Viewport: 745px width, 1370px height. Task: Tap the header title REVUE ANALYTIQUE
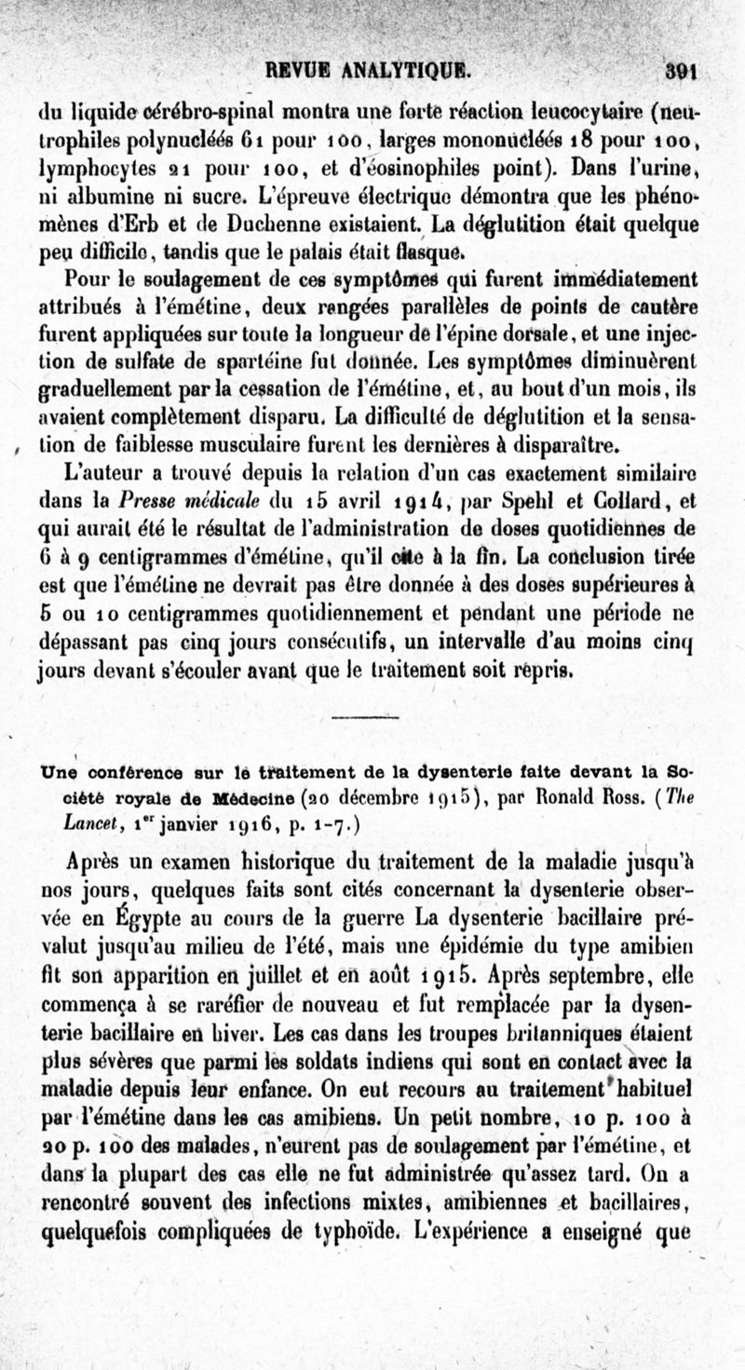click(371, 70)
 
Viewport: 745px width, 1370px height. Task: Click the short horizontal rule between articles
click(364, 716)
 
